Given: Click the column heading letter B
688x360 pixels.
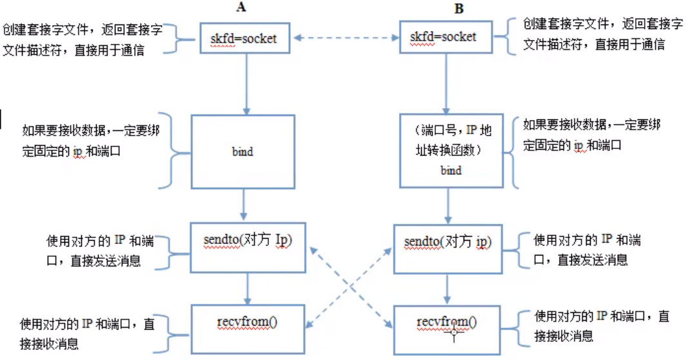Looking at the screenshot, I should click(x=459, y=8).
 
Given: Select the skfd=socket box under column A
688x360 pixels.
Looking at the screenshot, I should click(x=243, y=39).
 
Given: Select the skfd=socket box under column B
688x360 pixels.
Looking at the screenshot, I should click(x=443, y=37).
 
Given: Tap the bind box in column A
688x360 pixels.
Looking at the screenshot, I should click(x=242, y=152).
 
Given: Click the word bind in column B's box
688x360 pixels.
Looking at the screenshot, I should click(x=451, y=170).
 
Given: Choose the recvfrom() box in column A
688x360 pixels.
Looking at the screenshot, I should click(x=248, y=321).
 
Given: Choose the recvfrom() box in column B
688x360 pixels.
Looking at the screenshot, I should click(x=447, y=323).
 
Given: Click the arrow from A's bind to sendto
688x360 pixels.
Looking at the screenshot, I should click(x=242, y=206).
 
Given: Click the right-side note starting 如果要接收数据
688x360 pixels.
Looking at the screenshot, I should click(x=590, y=135).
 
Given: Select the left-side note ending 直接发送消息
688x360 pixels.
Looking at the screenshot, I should click(x=97, y=250).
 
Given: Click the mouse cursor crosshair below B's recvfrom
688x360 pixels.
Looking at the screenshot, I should click(x=455, y=334).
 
